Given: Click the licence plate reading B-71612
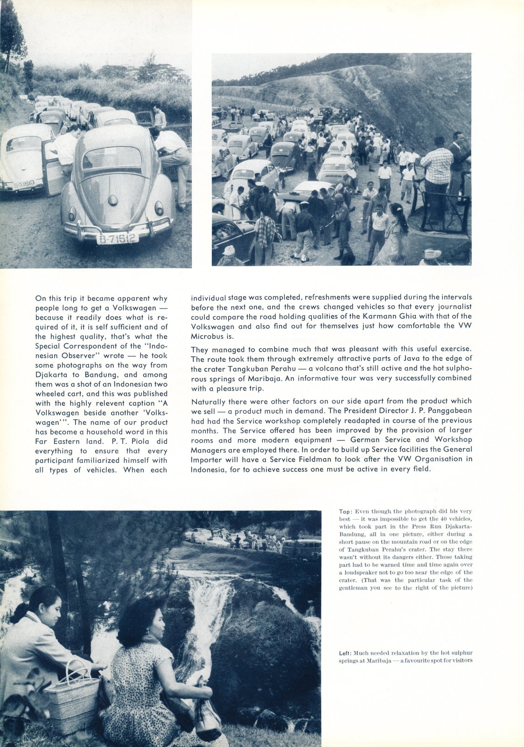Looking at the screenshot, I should pos(118,239).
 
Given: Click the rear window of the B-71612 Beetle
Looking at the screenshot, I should pos(112,158).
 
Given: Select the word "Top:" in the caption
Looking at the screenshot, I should pos(345,512).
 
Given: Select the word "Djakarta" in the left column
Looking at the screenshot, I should pos(51,374).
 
